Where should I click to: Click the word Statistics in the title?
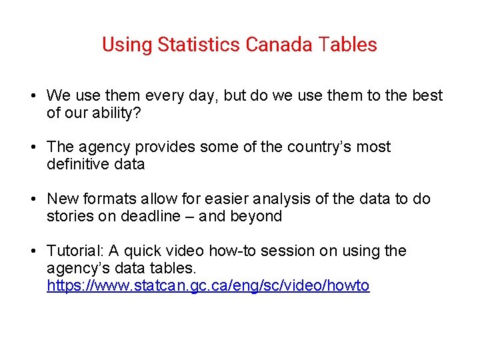(x=199, y=45)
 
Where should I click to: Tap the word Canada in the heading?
(x=279, y=45)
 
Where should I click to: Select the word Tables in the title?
(x=347, y=45)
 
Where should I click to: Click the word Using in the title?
(x=127, y=45)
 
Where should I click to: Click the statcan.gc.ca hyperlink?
(x=208, y=286)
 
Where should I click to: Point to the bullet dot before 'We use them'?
(x=33, y=96)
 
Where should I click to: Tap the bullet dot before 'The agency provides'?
(x=33, y=147)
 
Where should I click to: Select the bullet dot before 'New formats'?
(x=33, y=199)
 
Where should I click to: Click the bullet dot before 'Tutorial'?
(x=33, y=251)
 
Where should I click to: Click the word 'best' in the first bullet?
(x=427, y=95)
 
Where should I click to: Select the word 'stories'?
(x=69, y=216)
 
